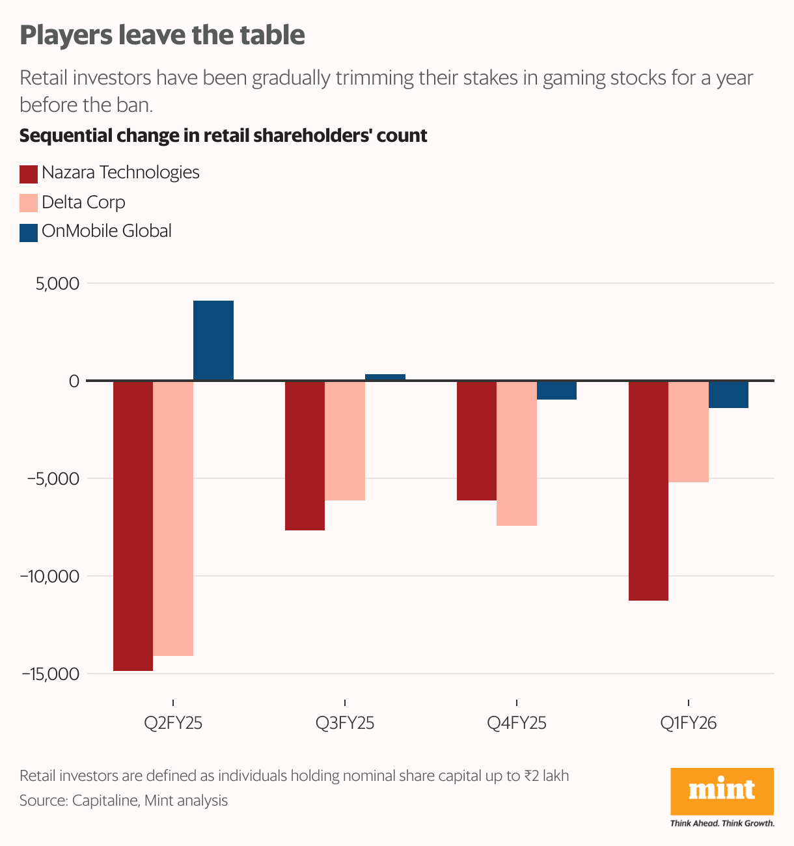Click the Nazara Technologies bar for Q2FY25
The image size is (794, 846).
click(x=133, y=525)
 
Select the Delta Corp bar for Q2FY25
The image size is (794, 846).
click(x=173, y=518)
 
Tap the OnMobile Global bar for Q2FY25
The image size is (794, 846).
click(x=213, y=340)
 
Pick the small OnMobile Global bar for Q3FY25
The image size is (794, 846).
click(x=385, y=377)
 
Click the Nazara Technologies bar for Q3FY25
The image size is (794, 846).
click(x=305, y=456)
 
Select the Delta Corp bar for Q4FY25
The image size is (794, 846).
click(x=517, y=453)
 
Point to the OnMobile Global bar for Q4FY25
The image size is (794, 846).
click(x=557, y=390)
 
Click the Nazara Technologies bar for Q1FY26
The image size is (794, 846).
click(x=648, y=491)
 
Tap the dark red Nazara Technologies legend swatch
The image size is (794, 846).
click(x=29, y=174)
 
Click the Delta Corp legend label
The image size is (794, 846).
click(x=83, y=202)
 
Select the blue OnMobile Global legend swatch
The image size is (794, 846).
click(x=29, y=232)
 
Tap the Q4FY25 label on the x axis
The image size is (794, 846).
click(x=517, y=723)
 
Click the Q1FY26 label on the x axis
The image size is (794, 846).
click(x=688, y=723)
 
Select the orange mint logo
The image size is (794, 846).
click(x=722, y=791)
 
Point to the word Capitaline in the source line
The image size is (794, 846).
click(x=105, y=800)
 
